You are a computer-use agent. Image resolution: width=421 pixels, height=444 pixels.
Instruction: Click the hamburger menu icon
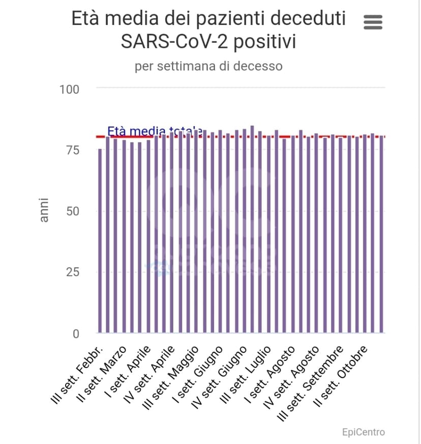(x=373, y=22)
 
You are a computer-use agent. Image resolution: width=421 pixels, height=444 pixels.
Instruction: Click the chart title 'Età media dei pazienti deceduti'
(x=208, y=19)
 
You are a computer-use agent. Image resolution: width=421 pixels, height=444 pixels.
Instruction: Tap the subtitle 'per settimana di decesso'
(x=208, y=66)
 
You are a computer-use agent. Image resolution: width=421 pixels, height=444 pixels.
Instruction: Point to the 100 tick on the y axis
(x=70, y=90)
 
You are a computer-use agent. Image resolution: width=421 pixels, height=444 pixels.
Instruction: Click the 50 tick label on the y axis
(x=73, y=211)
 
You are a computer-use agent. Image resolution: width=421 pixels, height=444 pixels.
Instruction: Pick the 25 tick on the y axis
(x=73, y=272)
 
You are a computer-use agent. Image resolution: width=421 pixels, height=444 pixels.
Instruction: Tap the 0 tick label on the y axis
(x=76, y=334)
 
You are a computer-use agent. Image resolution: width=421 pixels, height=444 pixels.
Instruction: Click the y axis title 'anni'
(x=44, y=209)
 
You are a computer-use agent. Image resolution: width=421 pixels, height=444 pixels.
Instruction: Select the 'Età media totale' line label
(x=155, y=131)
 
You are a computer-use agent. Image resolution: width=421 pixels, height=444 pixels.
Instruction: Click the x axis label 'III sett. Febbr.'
(x=79, y=375)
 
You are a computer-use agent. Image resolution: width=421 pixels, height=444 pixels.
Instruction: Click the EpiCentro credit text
(x=363, y=432)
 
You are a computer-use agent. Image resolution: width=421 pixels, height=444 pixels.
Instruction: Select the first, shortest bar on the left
(x=100, y=240)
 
